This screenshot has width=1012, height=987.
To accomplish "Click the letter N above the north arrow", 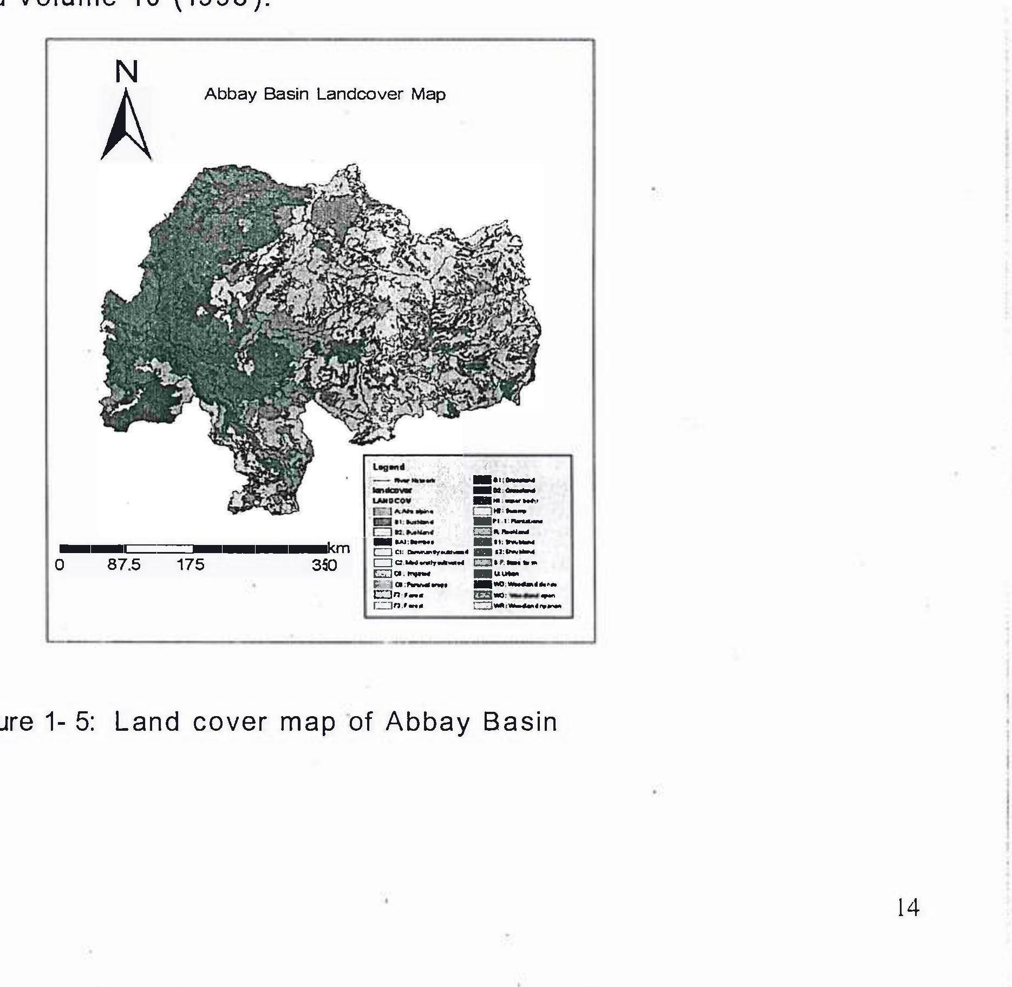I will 127,72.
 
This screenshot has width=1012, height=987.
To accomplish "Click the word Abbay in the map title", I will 230,94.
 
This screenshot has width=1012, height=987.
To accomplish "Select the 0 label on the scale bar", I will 60,565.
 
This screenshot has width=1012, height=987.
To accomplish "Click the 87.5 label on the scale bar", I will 124,565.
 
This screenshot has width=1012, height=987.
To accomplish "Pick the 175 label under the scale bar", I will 191,565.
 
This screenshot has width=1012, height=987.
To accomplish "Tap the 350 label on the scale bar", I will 324,565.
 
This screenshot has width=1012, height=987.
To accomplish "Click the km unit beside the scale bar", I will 338,548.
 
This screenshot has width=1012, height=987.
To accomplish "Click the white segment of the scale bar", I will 159,549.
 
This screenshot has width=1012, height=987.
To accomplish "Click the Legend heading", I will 388,467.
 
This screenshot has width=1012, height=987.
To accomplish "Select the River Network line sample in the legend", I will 382,480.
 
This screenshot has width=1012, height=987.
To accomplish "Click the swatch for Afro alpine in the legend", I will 382,511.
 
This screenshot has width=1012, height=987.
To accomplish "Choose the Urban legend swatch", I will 482,573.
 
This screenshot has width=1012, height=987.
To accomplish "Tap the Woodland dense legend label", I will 525,585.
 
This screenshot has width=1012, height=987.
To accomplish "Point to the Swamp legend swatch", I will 482,511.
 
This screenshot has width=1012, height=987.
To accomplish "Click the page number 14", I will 908,907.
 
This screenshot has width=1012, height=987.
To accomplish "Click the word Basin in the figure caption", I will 520,722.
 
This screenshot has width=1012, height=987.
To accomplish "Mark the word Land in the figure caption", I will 147,722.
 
